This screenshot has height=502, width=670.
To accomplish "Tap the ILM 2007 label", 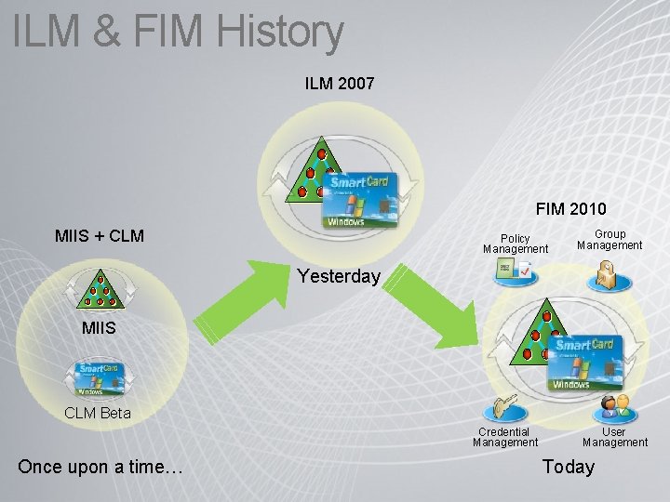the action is (340, 84).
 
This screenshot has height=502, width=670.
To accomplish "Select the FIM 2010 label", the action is (570, 209).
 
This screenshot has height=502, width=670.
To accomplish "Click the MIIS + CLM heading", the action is (100, 235).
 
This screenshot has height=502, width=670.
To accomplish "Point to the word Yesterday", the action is (339, 277).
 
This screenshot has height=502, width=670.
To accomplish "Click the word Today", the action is (568, 467).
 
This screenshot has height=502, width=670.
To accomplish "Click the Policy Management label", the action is (516, 244).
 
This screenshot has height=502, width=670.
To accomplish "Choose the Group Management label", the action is (610, 240).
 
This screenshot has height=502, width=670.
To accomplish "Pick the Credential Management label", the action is (504, 437).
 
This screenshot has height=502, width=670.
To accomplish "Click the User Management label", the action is (614, 437).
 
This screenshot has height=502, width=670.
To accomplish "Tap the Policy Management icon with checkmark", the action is (515, 271).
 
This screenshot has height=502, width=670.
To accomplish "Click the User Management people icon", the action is (615, 406).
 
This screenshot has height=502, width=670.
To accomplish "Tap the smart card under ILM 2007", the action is (361, 198).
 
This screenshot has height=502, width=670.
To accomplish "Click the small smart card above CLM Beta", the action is (101, 380).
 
